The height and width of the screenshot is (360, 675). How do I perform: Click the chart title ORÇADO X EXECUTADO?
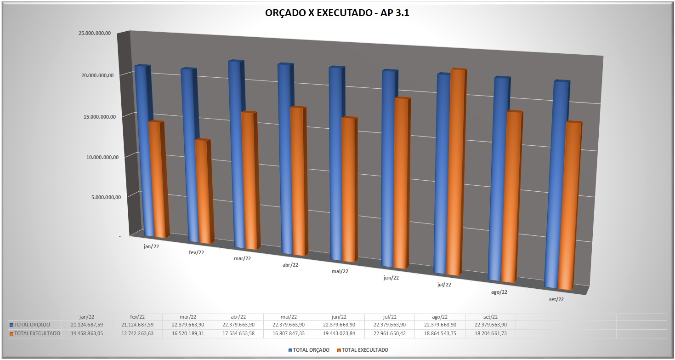(x=337, y=13)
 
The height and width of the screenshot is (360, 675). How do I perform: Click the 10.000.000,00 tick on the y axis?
(x=102, y=157)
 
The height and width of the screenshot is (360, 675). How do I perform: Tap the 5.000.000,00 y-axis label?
(x=103, y=197)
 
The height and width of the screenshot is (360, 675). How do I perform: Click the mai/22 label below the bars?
(x=340, y=271)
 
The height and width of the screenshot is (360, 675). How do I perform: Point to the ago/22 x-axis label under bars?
(x=499, y=292)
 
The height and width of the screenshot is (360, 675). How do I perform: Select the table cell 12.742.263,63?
(x=137, y=334)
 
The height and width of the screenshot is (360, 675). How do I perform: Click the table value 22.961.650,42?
(x=390, y=334)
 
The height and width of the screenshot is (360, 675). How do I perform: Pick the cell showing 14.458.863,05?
(x=86, y=334)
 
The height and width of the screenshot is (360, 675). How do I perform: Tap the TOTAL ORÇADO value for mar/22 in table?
(x=187, y=325)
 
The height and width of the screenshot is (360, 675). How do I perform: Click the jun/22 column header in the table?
(x=339, y=317)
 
